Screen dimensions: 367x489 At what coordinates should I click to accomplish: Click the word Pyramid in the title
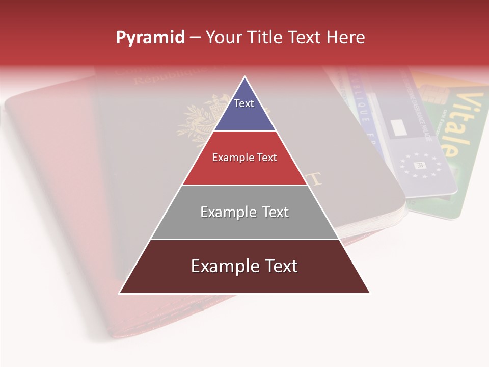(150, 38)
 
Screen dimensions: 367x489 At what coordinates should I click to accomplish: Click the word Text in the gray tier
(276, 212)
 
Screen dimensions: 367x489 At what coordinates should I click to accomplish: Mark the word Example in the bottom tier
(222, 266)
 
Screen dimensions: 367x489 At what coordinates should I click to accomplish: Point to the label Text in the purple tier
(244, 103)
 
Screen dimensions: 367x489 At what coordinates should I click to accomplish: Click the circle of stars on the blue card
(420, 165)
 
